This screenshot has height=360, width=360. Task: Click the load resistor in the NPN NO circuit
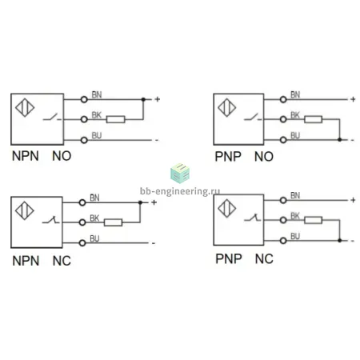click(x=115, y=119)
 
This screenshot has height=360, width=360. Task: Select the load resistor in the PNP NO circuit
click(x=313, y=119)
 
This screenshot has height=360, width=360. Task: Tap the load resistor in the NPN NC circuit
click(x=113, y=222)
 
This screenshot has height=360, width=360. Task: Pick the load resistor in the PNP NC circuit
click(x=313, y=220)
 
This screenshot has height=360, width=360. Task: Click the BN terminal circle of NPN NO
click(x=84, y=99)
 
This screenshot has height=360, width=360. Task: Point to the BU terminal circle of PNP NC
click(x=283, y=241)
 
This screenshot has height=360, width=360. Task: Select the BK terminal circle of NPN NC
click(x=82, y=222)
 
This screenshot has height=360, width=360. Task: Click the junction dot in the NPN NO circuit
click(x=143, y=99)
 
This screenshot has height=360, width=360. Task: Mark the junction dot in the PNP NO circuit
click(x=339, y=140)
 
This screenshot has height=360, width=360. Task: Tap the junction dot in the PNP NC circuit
click(x=339, y=241)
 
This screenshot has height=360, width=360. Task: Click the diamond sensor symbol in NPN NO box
click(x=25, y=108)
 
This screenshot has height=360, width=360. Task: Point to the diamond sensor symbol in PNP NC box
click(x=226, y=208)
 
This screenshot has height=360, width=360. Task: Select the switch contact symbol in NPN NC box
click(x=50, y=220)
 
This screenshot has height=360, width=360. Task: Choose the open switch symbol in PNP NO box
click(x=253, y=117)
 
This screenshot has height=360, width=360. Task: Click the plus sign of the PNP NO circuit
click(x=353, y=99)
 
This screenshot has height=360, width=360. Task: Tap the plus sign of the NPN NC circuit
click(x=154, y=202)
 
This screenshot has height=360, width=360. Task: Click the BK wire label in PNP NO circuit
click(x=295, y=115)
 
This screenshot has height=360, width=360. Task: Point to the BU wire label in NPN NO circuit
click(x=97, y=136)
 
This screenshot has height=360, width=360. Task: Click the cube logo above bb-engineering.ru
click(x=180, y=174)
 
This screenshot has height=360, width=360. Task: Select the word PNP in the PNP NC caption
click(x=229, y=259)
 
